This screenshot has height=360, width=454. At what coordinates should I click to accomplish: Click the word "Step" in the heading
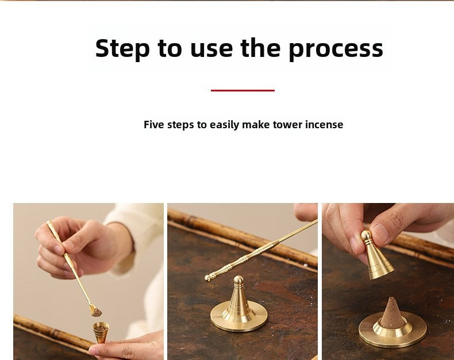[122, 49]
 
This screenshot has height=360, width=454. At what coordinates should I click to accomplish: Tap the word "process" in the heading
[336, 49]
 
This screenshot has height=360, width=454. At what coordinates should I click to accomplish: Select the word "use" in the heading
[211, 49]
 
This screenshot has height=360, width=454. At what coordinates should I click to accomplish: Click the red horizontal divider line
[243, 90]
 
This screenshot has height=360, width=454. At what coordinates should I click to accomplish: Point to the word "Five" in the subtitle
[155, 125]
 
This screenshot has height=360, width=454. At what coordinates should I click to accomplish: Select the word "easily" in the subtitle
[225, 125]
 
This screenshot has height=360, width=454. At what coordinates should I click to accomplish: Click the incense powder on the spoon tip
[96, 312]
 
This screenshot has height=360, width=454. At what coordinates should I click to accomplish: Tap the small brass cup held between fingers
[101, 332]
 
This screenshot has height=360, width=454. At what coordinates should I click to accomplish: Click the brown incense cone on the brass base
[391, 313]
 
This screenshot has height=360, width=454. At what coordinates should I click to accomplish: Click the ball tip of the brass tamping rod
[207, 278]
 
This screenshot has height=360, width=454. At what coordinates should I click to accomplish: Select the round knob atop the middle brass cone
[238, 280]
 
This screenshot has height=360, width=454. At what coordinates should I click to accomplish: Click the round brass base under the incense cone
[393, 334]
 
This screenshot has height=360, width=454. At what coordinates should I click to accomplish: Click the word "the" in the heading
[260, 48]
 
